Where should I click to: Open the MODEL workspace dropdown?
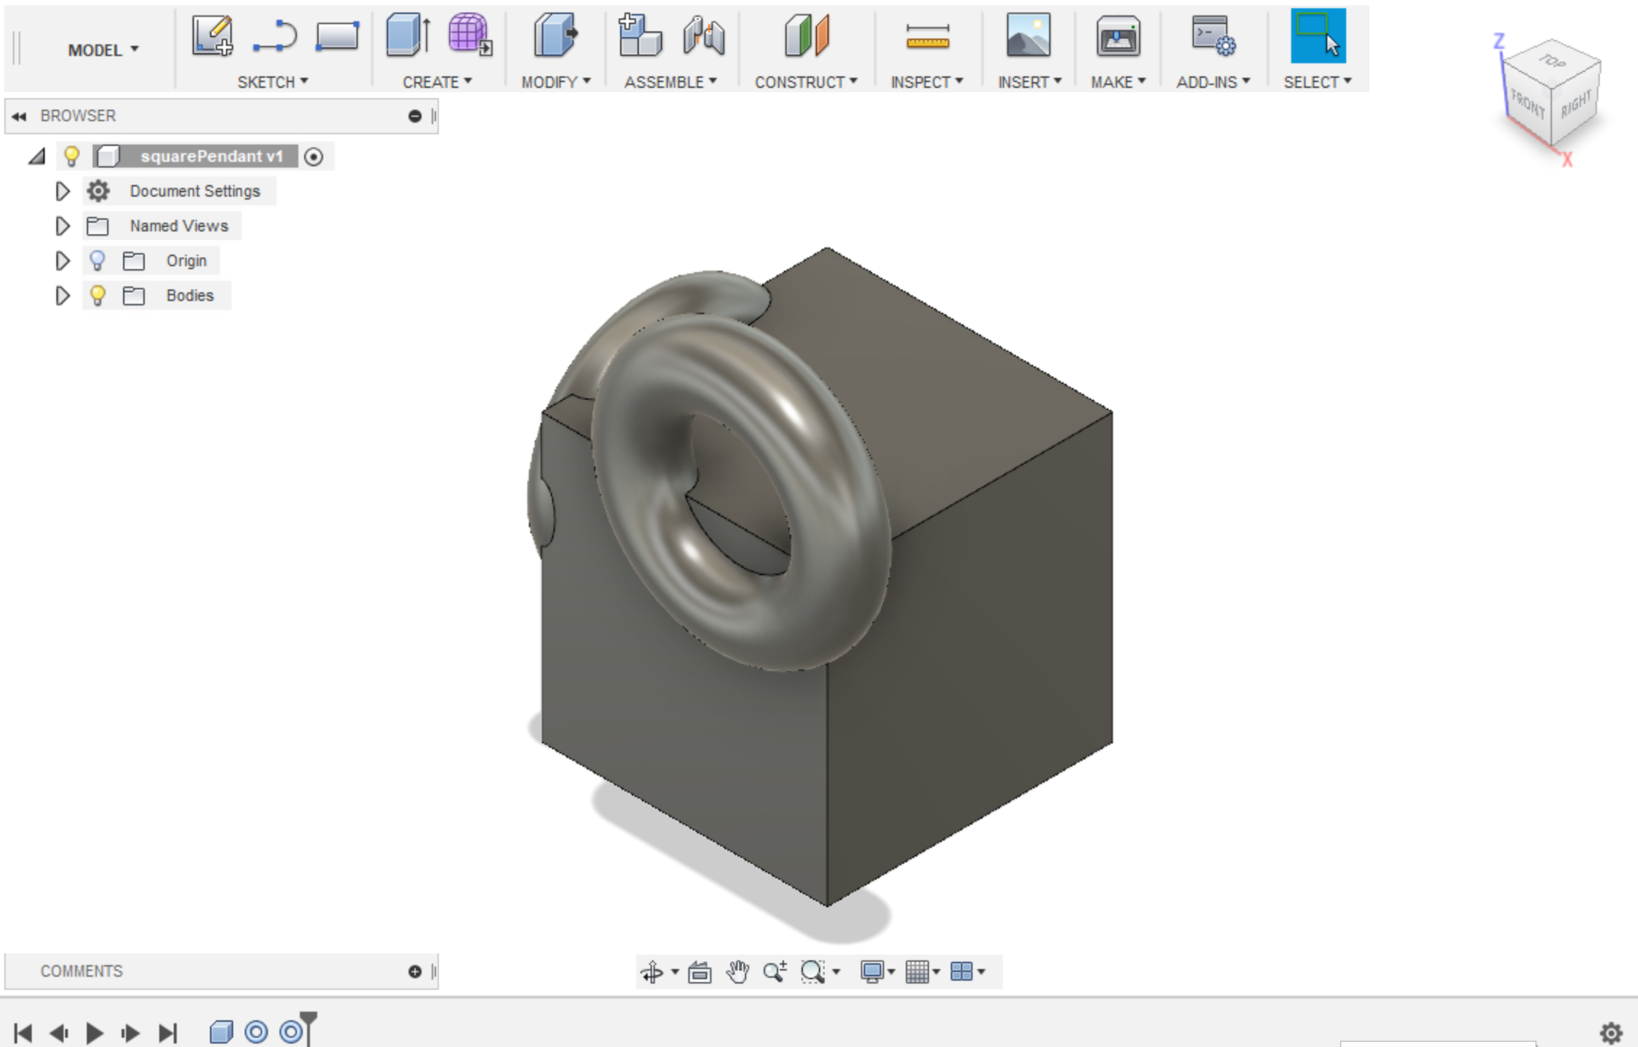[102, 50]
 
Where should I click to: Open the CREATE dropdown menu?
[436, 82]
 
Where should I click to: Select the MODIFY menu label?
[555, 82]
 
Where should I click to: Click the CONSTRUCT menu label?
[805, 82]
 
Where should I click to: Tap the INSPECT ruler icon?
[927, 37]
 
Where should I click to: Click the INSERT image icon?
[1028, 35]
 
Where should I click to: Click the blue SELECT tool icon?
[1318, 35]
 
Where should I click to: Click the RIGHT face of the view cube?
[1576, 104]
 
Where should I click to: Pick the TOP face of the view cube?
[1552, 62]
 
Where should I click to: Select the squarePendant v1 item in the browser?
[211, 157]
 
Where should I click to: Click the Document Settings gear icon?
[99, 191]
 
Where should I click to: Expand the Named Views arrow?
[62, 226]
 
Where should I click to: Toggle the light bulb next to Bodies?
[98, 295]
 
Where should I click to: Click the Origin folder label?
[186, 260]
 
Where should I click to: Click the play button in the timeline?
[95, 1033]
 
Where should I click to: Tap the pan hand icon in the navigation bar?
[738, 972]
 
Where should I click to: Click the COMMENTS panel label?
[82, 971]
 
